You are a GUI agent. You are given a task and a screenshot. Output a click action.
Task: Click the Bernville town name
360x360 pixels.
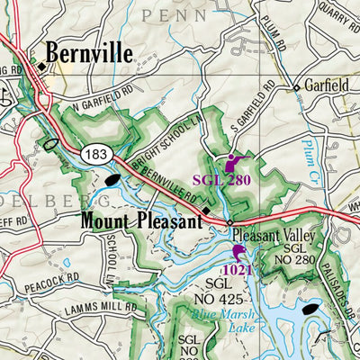coord(89,53)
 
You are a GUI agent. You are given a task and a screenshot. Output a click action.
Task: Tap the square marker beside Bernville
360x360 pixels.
coord(40,65)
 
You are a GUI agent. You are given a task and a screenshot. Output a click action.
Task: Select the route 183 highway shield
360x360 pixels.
coord(97,155)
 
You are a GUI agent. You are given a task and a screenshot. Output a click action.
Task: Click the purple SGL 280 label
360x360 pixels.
coord(220,180)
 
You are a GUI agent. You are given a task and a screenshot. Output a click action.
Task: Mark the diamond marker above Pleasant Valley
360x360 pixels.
coord(229,222)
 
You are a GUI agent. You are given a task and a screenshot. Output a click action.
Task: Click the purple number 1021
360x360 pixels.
coord(238,270)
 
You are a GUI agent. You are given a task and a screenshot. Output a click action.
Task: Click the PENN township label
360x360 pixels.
coord(175,14)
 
